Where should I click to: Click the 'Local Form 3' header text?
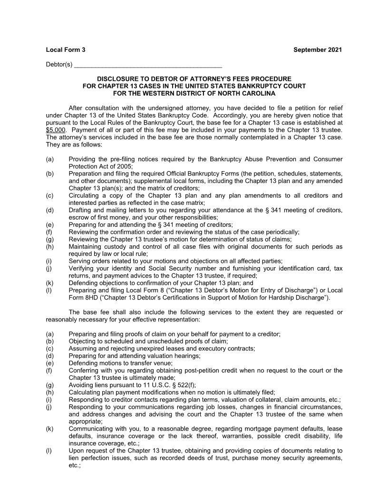tap(66, 50)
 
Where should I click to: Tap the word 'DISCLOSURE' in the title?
tap(116, 78)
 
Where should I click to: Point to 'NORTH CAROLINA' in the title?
tap(251, 94)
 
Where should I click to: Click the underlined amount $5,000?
tap(56, 129)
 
